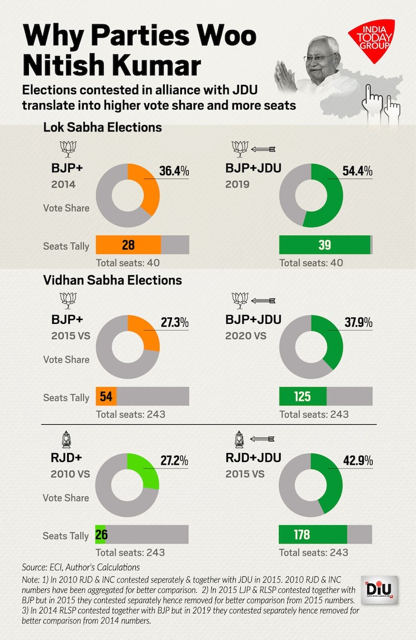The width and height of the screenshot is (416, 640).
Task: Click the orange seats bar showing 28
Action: tap(128, 245)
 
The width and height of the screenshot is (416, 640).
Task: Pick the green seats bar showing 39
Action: tap(324, 245)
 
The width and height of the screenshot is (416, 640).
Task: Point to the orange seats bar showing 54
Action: tap(106, 397)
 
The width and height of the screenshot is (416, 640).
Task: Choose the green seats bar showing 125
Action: tap(302, 397)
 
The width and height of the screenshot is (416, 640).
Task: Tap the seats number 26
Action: tap(102, 535)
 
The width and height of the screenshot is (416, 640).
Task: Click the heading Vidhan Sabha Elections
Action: tap(113, 280)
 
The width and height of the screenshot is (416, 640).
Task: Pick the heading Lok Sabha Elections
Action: tap(103, 128)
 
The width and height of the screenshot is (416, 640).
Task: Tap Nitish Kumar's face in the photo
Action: tap(324, 58)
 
